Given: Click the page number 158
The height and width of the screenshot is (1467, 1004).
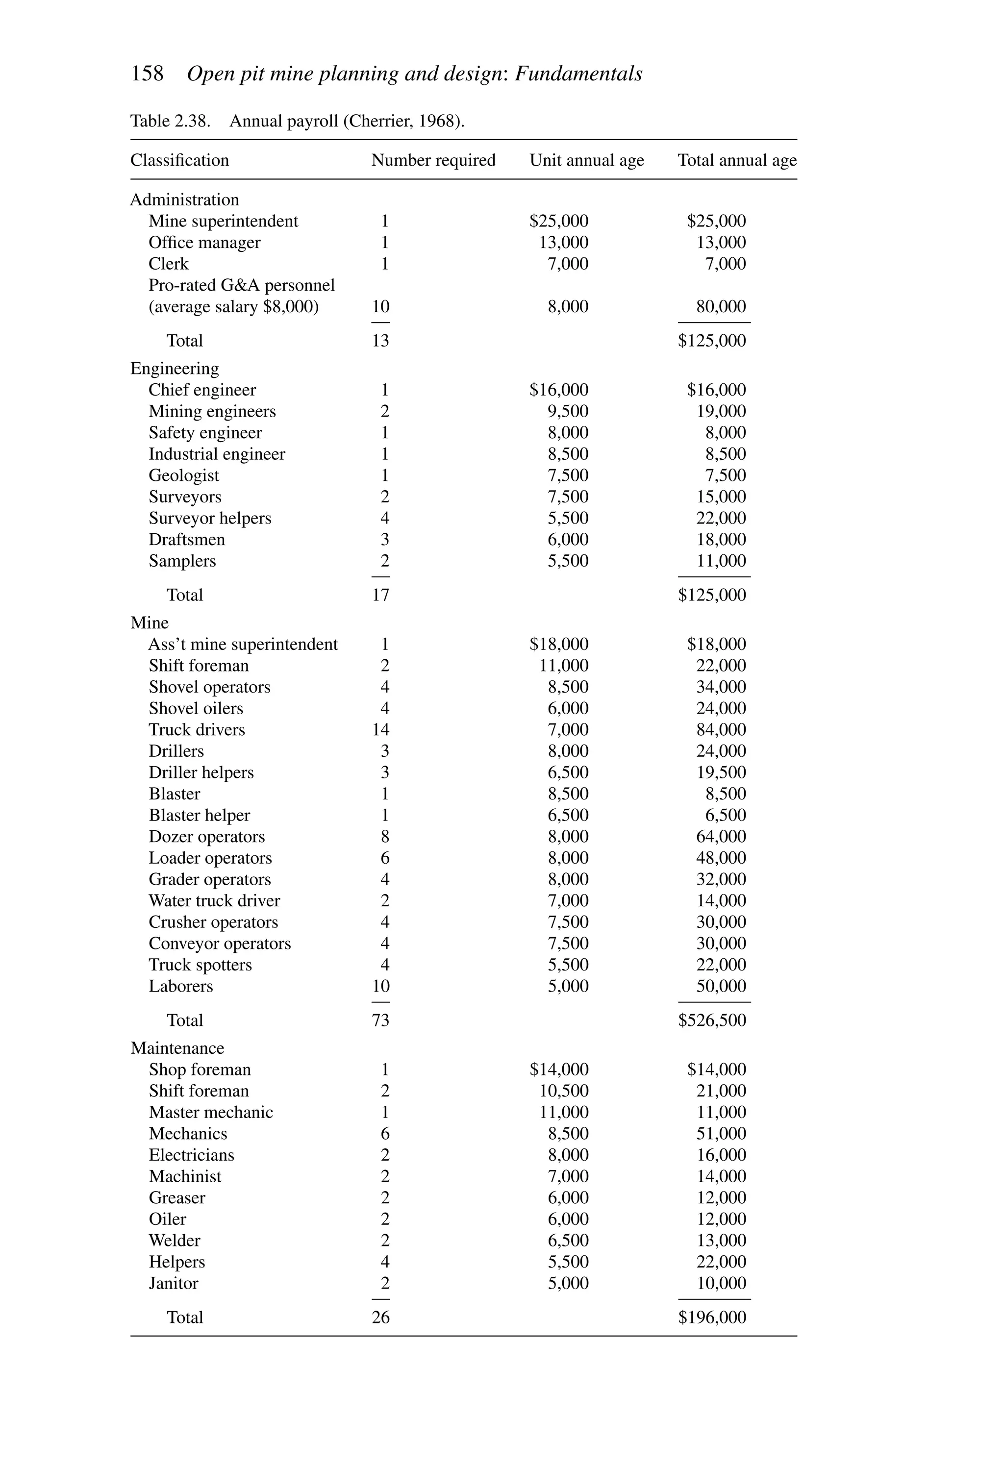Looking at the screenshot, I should coord(147,74).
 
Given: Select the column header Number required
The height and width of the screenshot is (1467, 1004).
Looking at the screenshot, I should coord(433,160).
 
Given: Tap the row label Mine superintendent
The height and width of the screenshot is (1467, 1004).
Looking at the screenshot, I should coord(223,221).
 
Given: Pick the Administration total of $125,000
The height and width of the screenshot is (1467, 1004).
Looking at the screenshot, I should coord(712,341).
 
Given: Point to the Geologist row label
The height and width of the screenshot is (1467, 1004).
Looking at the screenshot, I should coord(184,475).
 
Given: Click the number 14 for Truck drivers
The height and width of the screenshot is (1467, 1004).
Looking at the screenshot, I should coord(381,730).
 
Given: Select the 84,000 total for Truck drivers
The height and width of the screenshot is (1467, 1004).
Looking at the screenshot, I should coord(721,730).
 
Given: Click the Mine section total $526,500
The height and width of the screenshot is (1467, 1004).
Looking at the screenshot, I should coord(712,1020).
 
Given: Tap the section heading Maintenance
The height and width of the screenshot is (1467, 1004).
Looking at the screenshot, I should coord(177,1048).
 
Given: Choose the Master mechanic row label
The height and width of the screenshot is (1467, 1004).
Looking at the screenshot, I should coord(211,1112).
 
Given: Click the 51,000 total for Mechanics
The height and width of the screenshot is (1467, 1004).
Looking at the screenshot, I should coord(721,1134).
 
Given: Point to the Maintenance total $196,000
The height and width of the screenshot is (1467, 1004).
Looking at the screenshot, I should coord(712,1318).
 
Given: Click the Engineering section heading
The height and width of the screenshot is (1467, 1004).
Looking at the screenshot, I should coord(175,369).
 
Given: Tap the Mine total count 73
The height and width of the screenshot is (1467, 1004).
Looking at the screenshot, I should coord(381,1020).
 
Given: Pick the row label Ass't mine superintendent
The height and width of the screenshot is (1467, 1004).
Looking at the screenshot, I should coord(243,645).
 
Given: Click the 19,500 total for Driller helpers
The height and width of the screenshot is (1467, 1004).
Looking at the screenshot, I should coord(721,772).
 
